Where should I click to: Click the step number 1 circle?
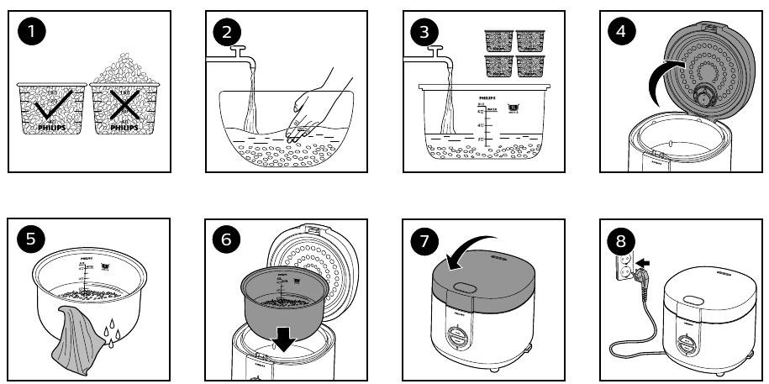32,33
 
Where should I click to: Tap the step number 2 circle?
226,33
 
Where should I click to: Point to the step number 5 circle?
32,239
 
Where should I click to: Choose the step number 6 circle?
226,239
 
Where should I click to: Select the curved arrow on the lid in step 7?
461,252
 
